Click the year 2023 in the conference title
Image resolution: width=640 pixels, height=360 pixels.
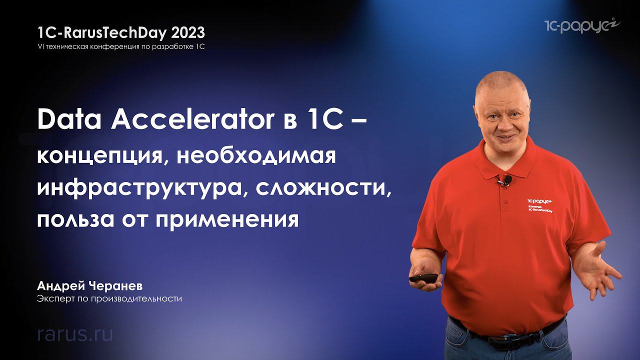coord(188,33)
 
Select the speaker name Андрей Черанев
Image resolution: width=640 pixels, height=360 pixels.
coord(90,286)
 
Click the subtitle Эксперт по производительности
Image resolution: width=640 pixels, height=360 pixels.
coord(109,299)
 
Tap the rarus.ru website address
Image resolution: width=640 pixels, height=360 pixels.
coord(75,334)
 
